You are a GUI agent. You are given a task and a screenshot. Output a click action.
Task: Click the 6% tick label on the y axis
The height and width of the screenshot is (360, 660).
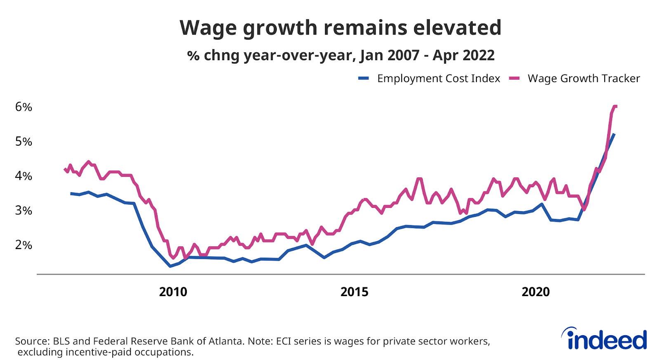(x=24, y=107)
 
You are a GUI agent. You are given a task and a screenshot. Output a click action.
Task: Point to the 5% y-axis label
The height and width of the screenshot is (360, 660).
(x=24, y=142)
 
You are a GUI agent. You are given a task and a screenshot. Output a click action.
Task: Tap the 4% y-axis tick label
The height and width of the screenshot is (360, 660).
(x=24, y=176)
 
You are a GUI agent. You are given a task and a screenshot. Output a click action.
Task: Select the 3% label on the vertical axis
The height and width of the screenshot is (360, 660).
(x=24, y=211)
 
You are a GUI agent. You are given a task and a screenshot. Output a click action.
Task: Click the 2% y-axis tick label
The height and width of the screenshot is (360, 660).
(x=24, y=245)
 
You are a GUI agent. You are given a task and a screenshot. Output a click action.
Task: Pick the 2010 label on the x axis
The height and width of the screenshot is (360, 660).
(x=173, y=292)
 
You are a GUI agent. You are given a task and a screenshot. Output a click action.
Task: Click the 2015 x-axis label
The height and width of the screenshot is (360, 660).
(x=354, y=292)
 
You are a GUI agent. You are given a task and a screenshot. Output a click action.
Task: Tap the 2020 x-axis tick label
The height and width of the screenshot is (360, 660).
(x=535, y=292)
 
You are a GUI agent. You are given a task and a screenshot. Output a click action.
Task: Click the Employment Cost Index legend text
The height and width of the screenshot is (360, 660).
(x=438, y=78)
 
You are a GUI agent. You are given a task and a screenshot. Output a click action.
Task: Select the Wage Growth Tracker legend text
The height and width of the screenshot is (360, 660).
(x=584, y=78)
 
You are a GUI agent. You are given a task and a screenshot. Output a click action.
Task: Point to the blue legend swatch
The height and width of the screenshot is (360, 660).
(x=363, y=78)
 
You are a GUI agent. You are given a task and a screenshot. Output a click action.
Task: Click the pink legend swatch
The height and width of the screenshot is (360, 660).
(x=514, y=78)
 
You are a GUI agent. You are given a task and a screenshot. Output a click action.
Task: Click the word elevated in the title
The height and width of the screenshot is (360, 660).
(x=457, y=28)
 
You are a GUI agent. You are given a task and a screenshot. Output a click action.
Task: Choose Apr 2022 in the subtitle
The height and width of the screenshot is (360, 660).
(x=463, y=55)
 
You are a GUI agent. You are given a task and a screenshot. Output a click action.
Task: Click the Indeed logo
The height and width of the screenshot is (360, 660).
(x=604, y=339)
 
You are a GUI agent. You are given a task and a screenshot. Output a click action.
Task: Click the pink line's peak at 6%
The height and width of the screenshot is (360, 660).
(x=615, y=106)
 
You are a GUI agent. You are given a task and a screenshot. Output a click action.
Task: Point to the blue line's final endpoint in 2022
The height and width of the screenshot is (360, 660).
(x=614, y=134)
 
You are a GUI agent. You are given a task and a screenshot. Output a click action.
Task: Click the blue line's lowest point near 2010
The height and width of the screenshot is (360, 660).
(x=170, y=266)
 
